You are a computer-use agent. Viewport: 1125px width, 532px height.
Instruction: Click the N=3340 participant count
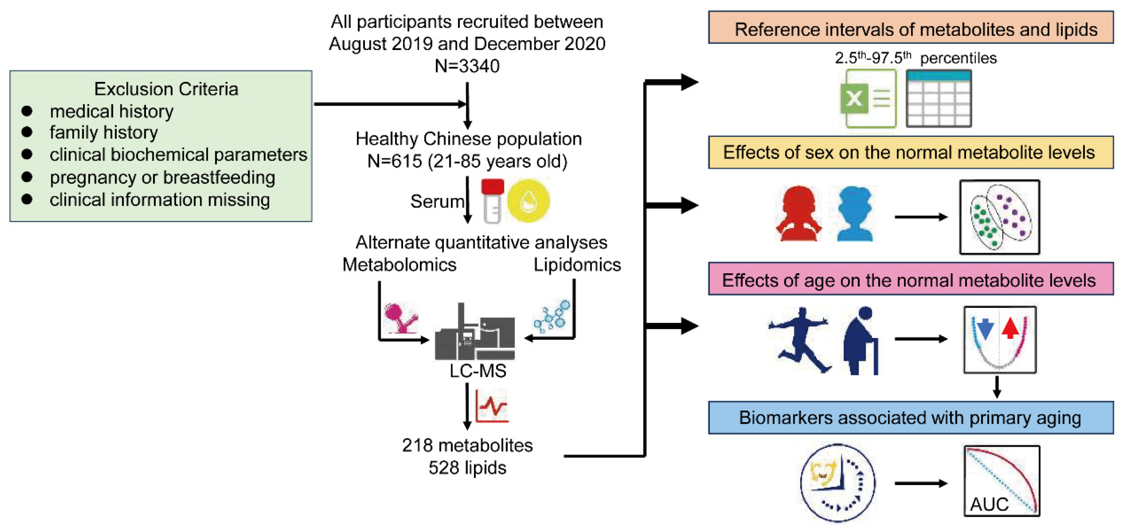click(467, 66)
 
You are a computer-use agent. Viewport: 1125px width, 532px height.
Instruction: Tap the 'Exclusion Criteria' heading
click(166, 89)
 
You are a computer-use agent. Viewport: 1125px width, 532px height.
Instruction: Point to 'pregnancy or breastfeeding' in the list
click(163, 177)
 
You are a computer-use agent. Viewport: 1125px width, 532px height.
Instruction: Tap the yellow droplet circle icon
click(529, 201)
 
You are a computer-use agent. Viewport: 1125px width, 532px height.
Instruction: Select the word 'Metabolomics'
click(399, 265)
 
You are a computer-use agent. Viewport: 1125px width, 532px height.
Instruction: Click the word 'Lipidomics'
click(577, 265)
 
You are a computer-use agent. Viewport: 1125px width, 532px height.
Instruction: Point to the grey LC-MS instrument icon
click(475, 331)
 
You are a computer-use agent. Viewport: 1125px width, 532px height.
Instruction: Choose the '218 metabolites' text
click(467, 445)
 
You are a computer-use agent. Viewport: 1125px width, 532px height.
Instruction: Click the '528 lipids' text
click(467, 468)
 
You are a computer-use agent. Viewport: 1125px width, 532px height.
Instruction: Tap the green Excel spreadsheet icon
click(868, 98)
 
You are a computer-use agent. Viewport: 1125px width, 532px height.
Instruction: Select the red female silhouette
click(799, 214)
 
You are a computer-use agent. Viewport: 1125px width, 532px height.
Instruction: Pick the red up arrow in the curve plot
click(1011, 329)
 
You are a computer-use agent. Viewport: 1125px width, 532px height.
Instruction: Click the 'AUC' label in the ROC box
click(989, 504)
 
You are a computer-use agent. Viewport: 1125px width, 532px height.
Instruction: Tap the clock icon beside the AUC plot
click(838, 483)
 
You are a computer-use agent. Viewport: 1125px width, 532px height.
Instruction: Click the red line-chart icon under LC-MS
click(492, 406)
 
